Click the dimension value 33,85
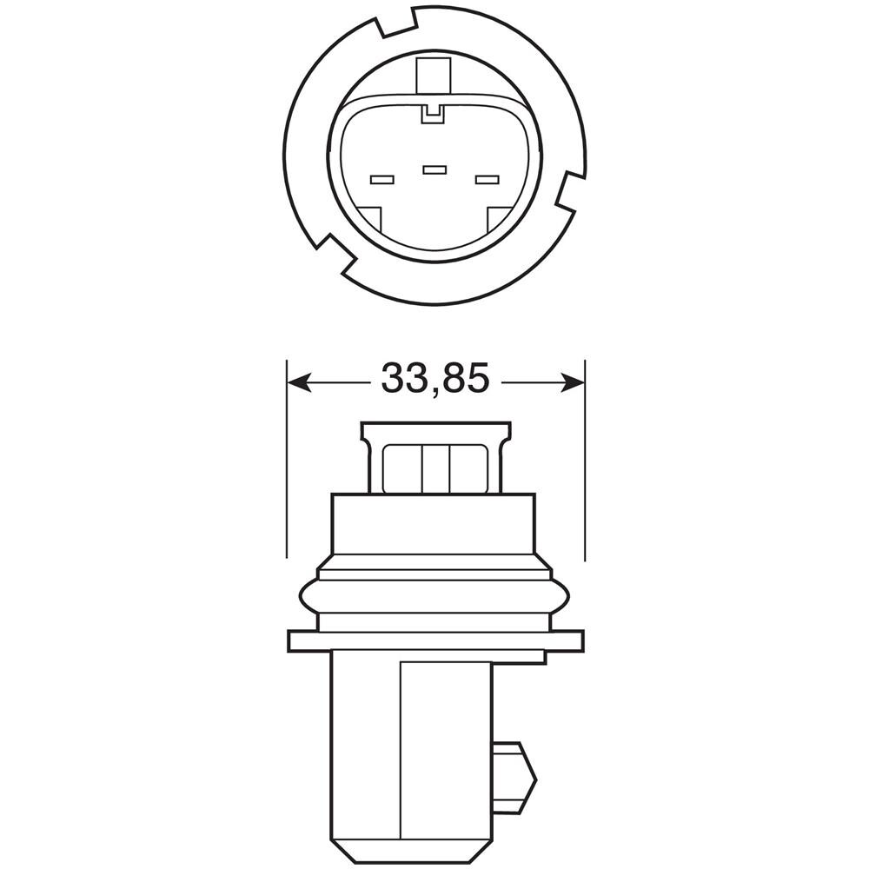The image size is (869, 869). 435,379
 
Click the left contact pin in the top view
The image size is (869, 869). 381,180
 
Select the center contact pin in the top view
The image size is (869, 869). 434,169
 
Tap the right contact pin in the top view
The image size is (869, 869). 488,180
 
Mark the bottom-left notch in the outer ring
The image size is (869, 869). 335,254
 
